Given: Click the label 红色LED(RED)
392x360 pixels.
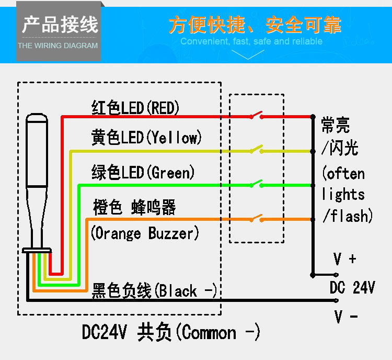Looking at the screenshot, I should [136, 108].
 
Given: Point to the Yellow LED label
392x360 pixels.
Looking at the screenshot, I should [146, 138].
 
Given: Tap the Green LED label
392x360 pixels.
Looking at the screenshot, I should [143, 172].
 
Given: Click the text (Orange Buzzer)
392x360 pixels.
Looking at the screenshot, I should [145, 233].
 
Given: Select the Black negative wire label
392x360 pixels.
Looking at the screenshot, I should [154, 291].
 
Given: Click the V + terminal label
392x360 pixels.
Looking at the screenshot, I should [345, 258].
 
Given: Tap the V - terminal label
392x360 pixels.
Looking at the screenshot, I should [345, 317].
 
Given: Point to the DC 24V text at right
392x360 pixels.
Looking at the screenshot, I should [352, 287].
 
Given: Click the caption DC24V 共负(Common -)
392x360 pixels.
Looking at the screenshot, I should [171, 333].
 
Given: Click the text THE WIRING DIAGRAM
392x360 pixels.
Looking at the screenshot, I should [58, 46].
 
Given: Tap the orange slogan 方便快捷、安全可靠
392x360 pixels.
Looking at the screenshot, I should [255, 25].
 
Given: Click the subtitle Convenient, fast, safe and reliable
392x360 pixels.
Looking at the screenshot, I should [251, 41].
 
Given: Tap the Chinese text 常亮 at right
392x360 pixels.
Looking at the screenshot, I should [336, 126].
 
